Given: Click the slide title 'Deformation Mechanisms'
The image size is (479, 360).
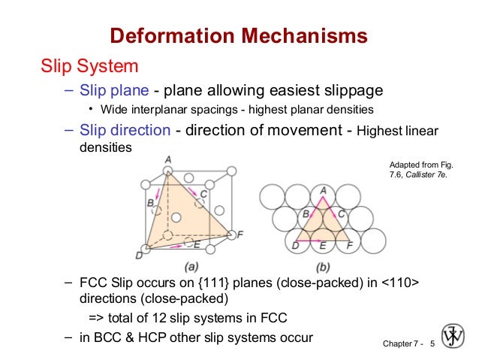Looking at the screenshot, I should coord(239,35).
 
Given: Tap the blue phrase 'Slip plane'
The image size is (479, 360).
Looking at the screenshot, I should coord(114,91).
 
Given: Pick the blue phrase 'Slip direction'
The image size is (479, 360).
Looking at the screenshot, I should coord(125,130).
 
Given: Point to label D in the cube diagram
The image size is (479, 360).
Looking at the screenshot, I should coord(139,256).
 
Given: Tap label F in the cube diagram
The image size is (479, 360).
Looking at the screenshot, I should coord(239,234).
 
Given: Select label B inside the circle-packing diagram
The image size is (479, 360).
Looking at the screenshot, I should coord(306,214).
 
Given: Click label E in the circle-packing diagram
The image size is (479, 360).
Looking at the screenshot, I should coord(324,245).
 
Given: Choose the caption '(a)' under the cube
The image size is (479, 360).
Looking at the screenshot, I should coord(191,266).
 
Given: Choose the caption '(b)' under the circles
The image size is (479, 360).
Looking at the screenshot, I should coord(323,266).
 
